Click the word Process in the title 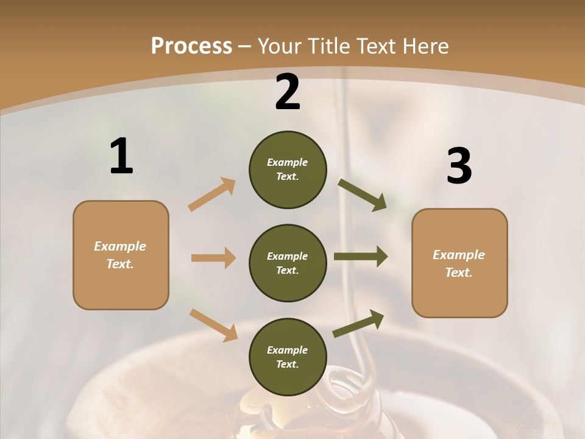[x=191, y=46]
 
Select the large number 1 [x=121, y=157]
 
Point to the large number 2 [x=288, y=93]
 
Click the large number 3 [x=459, y=167]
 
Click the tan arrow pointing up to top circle [x=212, y=194]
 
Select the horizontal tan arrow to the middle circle [x=213, y=258]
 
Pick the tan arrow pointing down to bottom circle [x=213, y=325]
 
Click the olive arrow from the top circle [x=363, y=195]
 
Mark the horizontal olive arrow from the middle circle [x=361, y=256]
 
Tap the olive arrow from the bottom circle [x=358, y=323]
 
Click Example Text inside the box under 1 [x=120, y=255]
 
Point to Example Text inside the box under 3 [x=459, y=263]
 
